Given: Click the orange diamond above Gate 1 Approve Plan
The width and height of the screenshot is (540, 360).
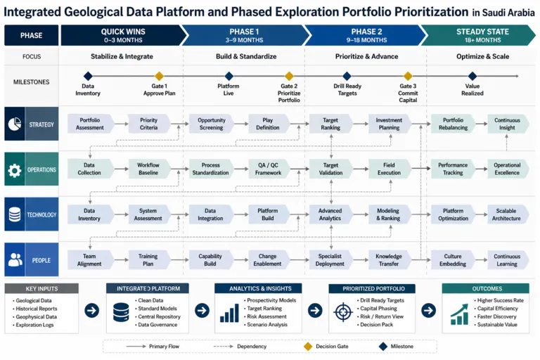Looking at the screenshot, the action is pyautogui.click(x=159, y=76).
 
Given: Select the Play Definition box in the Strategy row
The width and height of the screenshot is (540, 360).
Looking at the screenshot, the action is pyautogui.click(x=269, y=124).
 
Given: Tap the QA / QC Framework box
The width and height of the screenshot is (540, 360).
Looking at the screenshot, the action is pyautogui.click(x=269, y=169).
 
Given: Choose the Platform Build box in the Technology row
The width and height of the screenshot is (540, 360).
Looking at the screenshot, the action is pyautogui.click(x=269, y=214).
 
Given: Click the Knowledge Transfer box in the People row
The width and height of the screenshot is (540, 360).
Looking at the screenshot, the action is pyautogui.click(x=390, y=259).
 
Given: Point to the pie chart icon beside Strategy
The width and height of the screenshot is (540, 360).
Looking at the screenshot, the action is pyautogui.click(x=15, y=124).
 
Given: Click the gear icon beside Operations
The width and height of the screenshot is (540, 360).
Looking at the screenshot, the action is pyautogui.click(x=15, y=170).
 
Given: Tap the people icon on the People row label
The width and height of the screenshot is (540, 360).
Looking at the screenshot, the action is pyautogui.click(x=15, y=260).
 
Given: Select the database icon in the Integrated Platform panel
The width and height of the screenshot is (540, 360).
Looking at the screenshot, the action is pyautogui.click(x=121, y=312).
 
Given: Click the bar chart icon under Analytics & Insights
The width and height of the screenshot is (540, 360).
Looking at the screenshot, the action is pyautogui.click(x=229, y=313).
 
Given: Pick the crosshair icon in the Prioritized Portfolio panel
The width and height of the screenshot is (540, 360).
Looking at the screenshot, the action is pyautogui.click(x=343, y=312).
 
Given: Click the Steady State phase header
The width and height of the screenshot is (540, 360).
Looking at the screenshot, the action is pyautogui.click(x=479, y=35).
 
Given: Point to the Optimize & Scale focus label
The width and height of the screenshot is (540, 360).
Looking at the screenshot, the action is pyautogui.click(x=482, y=56).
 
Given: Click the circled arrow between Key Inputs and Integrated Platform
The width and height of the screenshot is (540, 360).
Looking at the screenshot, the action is pyautogui.click(x=92, y=310).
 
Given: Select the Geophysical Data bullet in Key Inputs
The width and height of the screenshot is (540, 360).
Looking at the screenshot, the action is pyautogui.click(x=34, y=317).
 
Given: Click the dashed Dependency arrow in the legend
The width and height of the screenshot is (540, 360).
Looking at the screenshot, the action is pyautogui.click(x=223, y=346).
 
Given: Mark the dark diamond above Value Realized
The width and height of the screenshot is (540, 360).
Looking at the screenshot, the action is pyautogui.click(x=472, y=76).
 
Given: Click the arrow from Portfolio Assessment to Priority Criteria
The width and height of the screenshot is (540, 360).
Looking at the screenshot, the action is pyautogui.click(x=121, y=124).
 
